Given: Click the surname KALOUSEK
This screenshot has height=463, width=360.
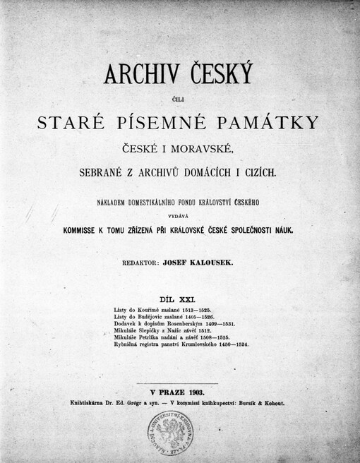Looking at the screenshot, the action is [218, 261].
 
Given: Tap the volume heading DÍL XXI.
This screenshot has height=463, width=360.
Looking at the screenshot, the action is [179, 299].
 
